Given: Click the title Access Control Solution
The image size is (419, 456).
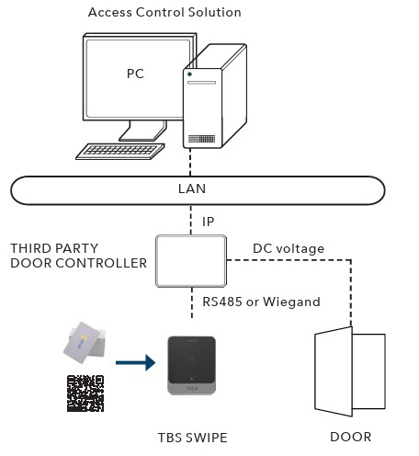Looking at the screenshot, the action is pos(164,12).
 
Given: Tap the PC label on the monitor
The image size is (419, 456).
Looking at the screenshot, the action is pos(135,74).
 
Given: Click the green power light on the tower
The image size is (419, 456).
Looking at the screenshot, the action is pos(189,74).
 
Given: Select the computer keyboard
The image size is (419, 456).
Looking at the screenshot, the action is pos(120,152).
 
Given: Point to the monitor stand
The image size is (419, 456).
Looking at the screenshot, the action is pos(143,131).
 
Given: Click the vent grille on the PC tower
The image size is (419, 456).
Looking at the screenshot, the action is pos(201,139).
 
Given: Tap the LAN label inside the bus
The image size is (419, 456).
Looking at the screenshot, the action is pos(192,188).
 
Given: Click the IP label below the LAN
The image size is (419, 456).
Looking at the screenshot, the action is pos(208,222).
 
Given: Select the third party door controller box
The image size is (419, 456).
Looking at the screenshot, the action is pos(191,261).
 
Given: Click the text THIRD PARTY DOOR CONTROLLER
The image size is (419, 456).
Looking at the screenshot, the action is pos(79,256).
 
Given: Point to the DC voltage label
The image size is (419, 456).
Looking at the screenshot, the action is pos(289,248).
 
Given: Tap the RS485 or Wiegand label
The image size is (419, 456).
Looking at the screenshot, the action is pos(261,302).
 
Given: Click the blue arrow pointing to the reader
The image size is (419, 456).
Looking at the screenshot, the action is pos(135,363).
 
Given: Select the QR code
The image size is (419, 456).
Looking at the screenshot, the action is pos(85,393).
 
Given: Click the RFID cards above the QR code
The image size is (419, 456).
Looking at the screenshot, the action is pos(85,342).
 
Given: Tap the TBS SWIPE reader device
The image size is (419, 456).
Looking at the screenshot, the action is pos(192,365).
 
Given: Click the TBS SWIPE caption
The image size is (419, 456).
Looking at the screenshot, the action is pos(193,438).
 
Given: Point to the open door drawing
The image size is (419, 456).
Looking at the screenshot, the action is pos(350,371).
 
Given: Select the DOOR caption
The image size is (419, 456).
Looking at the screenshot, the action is pos(351,437).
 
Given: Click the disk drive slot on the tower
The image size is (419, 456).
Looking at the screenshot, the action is pos(201,83).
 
